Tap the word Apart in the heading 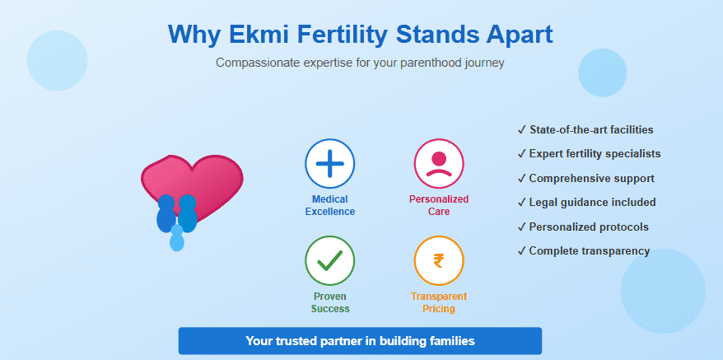(512, 35)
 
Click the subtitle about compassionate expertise (360, 63)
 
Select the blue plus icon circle (329, 163)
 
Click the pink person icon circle (439, 163)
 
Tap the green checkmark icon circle (329, 261)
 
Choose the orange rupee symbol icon (439, 261)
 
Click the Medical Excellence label (329, 205)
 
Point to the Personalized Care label (439, 205)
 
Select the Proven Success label (330, 302)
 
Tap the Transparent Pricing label (439, 302)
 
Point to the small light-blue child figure (176, 238)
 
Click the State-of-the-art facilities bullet (585, 130)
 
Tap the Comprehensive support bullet (585, 178)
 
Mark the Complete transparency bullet (584, 250)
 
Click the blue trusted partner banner (360, 340)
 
